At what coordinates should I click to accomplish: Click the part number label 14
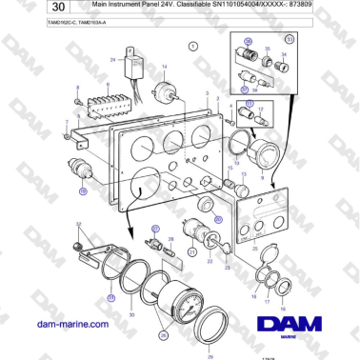pos(164,66)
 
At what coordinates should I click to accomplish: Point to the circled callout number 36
pos(248,43)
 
